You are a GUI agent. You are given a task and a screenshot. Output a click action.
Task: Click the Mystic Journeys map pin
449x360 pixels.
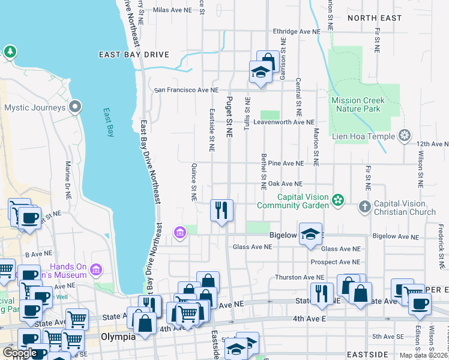[75, 107]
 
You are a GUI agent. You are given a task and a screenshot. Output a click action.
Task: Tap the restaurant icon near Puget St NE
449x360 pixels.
[221, 210]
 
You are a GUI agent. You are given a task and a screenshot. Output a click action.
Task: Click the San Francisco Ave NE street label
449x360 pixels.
[187, 90]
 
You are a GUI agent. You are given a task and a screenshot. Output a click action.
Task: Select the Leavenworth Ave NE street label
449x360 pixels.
[283, 122]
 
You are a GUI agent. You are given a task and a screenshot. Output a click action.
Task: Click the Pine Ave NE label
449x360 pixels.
[286, 163]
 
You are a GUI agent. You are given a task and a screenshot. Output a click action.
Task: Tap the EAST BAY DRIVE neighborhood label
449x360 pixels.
[134, 55]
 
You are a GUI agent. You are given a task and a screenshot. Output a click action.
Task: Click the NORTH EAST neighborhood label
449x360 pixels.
[374, 18]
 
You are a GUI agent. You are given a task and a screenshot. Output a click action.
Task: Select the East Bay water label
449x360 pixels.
[108, 123]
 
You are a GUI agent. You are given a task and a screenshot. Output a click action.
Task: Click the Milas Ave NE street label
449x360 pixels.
[172, 10]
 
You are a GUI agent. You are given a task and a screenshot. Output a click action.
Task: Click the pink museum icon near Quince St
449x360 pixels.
[179, 232]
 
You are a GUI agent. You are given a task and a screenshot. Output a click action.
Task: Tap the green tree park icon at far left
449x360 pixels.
[10, 52]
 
